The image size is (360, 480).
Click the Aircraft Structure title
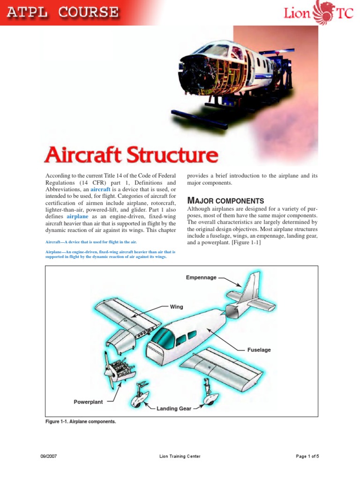pyautogui.click(x=131, y=156)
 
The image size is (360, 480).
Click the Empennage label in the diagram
pyautogui.click(x=201, y=277)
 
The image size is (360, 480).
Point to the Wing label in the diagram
pyautogui.click(x=176, y=307)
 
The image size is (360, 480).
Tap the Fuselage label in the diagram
pyautogui.click(x=259, y=350)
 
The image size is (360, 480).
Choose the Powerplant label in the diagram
pyautogui.click(x=88, y=402)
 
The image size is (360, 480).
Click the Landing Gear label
pyautogui.click(x=174, y=408)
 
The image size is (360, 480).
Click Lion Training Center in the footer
pyautogui.click(x=180, y=456)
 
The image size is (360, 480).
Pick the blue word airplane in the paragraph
pyautogui.click(x=77, y=217)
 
